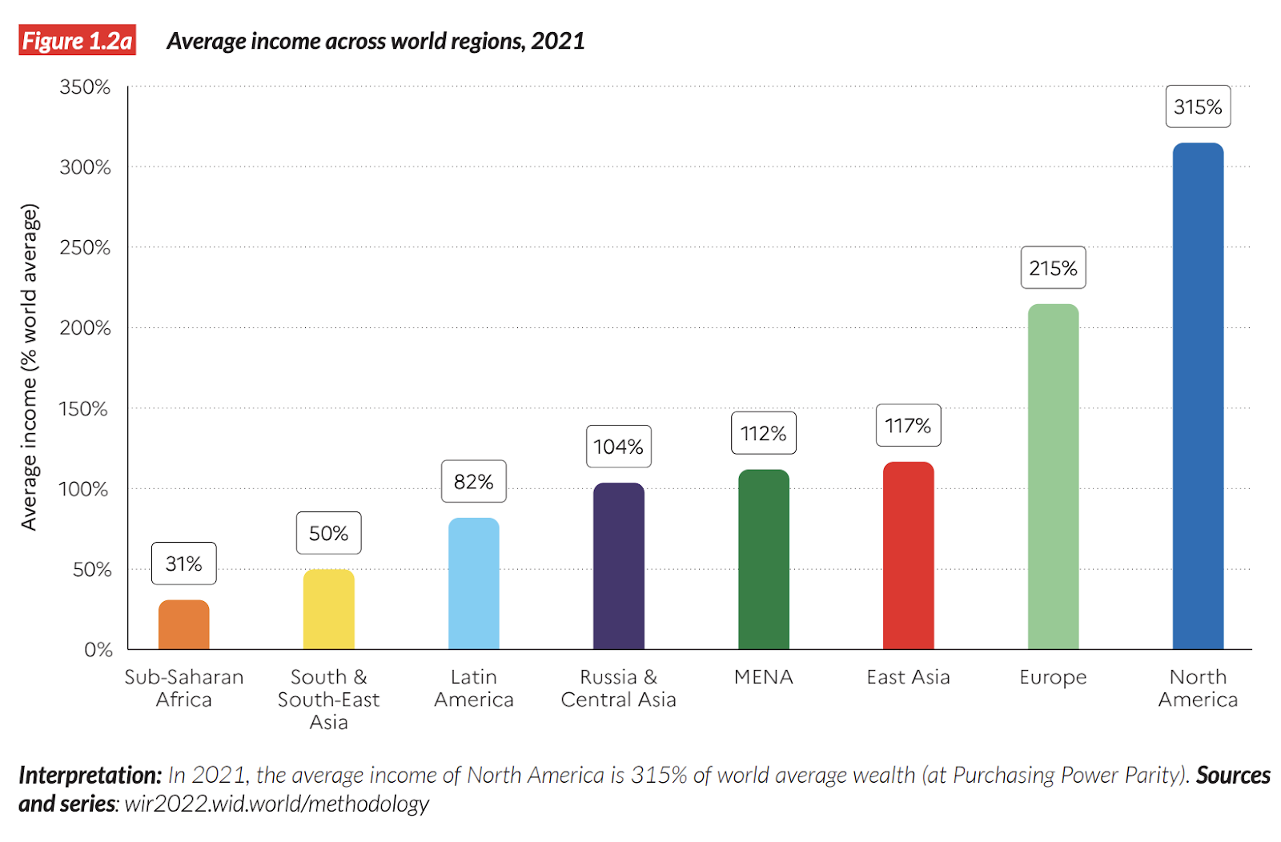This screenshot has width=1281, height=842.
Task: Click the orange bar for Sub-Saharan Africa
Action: tap(183, 625)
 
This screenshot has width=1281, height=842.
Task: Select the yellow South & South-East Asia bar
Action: tap(328, 609)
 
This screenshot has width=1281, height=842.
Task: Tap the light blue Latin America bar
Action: tap(473, 583)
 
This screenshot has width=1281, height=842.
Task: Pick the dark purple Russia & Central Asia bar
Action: tap(618, 566)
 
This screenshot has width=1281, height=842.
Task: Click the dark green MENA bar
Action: tap(763, 559)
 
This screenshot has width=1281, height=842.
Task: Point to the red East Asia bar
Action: tap(908, 555)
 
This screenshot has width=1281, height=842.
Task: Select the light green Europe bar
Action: tap(1053, 476)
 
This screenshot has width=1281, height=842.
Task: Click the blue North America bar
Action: tap(1198, 396)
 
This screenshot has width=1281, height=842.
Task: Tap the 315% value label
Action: tap(1198, 106)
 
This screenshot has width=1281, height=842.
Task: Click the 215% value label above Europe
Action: tap(1053, 268)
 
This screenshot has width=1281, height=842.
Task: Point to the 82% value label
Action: tap(473, 482)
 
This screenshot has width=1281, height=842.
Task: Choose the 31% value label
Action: tap(183, 564)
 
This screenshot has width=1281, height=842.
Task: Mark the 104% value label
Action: tap(618, 447)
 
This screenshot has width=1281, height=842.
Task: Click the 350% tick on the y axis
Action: tap(85, 87)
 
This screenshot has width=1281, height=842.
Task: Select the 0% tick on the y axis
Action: tap(98, 650)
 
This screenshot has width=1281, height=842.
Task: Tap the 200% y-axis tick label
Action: tap(85, 328)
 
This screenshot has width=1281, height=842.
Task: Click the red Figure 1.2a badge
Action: tap(77, 40)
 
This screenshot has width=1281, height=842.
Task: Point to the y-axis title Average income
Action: tap(29, 367)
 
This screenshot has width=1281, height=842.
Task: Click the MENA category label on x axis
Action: tap(763, 677)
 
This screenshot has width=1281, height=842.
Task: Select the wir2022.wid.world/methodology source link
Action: tap(276, 804)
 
